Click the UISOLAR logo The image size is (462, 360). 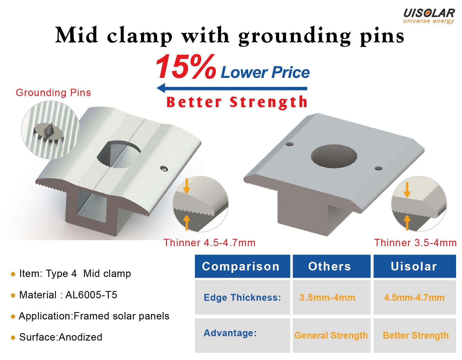[x=429, y=16]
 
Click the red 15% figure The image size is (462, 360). [x=186, y=66]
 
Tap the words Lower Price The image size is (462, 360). [x=265, y=72]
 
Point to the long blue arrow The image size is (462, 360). [x=232, y=88]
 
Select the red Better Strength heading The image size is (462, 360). [x=237, y=102]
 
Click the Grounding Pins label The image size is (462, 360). [x=53, y=93]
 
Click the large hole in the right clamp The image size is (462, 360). [x=334, y=156]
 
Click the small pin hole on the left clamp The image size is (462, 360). [x=164, y=169]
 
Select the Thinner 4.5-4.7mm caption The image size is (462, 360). [x=209, y=243]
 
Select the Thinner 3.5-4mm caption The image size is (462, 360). [x=415, y=243]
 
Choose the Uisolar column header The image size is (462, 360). [x=415, y=266]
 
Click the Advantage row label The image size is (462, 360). [x=230, y=333]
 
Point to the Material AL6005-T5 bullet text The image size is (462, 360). [x=68, y=295]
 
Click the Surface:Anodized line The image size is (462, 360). [x=61, y=337]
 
